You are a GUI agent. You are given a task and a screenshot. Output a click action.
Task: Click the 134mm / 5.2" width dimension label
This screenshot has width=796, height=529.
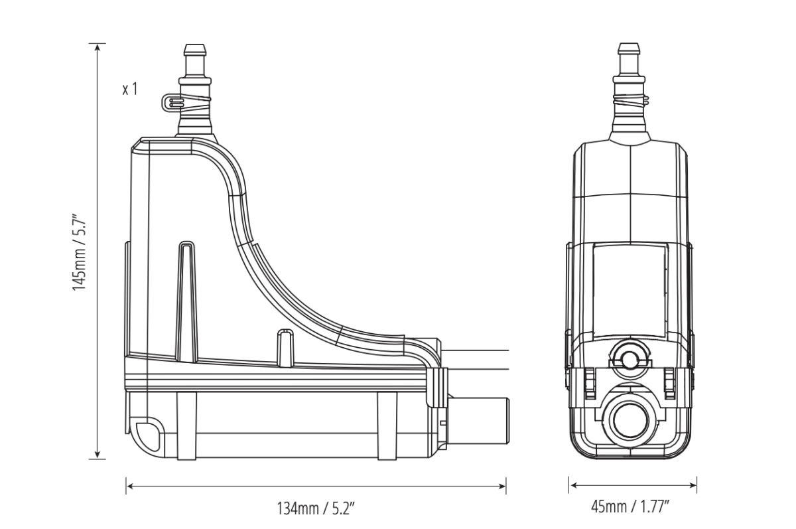click(x=316, y=509)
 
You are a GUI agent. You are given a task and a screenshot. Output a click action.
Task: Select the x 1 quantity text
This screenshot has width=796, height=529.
click(x=130, y=89)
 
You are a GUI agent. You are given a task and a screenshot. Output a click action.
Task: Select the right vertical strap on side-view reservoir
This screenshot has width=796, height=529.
click(x=386, y=425)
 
